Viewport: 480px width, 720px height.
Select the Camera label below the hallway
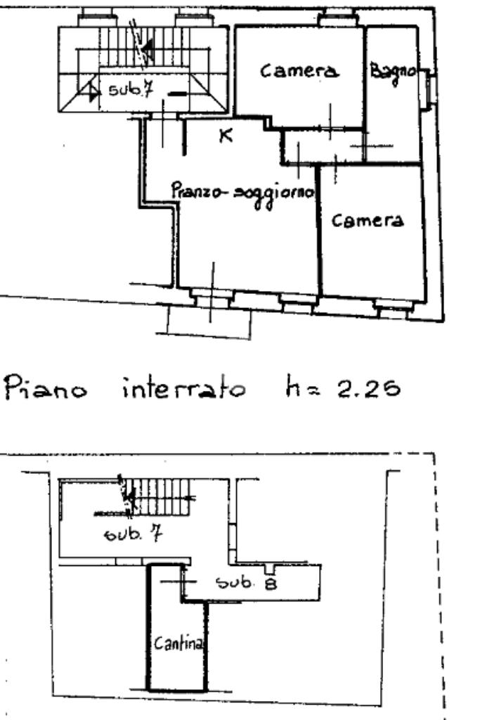coord(369,221)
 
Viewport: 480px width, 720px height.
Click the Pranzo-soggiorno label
coord(242,191)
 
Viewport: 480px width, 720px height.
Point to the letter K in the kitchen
coord(226,136)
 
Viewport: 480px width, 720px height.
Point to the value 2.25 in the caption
coord(371,387)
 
